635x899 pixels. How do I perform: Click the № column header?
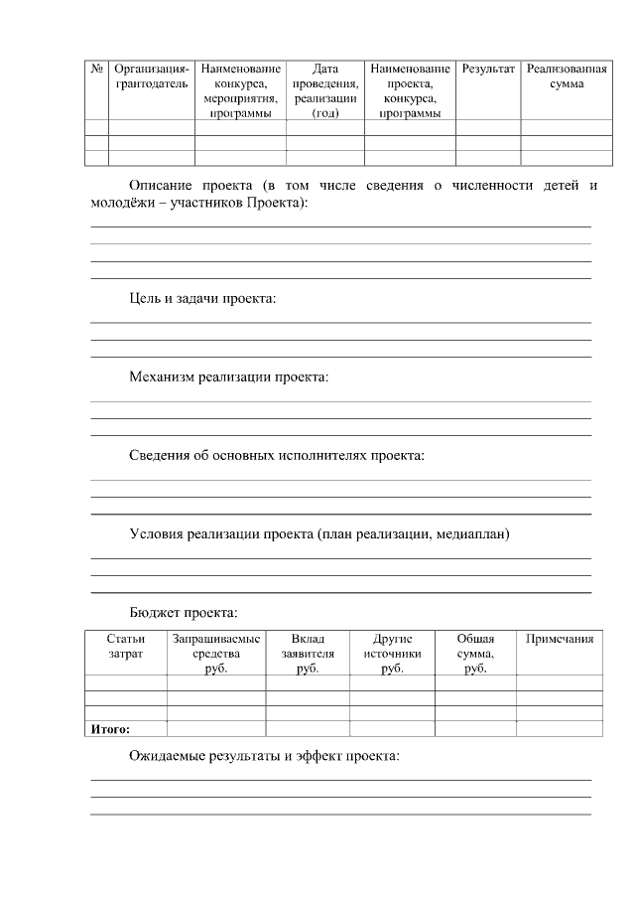[97, 70]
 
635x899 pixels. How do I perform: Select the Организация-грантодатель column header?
[151, 76]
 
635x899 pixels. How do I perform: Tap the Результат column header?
[487, 70]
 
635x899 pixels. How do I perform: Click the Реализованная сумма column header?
[566, 76]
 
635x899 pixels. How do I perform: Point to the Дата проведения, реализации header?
[325, 84]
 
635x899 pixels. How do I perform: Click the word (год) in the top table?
[325, 113]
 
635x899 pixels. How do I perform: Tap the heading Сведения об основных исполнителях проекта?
[277, 455]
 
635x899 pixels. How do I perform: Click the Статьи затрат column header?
[125, 646]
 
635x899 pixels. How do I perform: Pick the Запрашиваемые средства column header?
[216, 653]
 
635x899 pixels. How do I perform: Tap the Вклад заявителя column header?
[308, 653]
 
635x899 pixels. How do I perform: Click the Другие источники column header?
[392, 653]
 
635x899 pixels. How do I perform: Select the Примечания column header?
[560, 639]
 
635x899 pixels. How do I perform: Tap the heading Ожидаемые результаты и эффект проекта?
[265, 756]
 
